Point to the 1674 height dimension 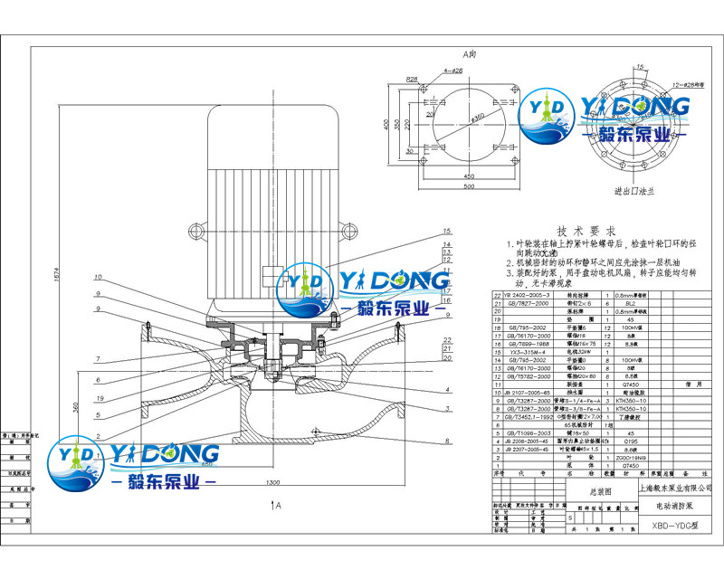tap(56, 280)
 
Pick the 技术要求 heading tap(585, 231)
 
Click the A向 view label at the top tap(470, 54)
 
